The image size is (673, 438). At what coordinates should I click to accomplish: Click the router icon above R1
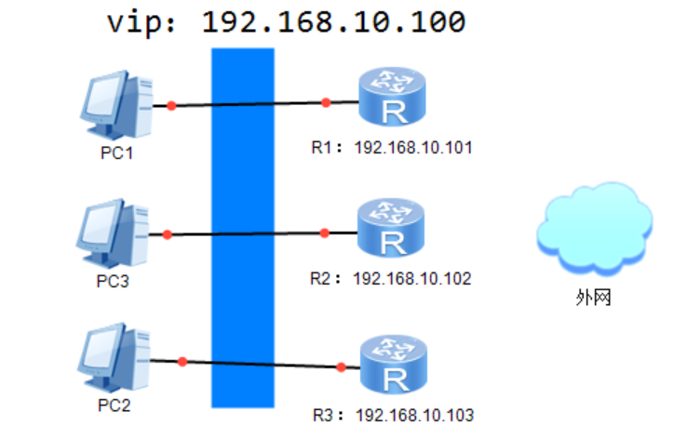(x=392, y=100)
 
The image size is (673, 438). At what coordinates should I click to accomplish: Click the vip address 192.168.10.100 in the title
(x=333, y=21)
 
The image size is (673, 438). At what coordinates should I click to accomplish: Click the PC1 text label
(x=116, y=152)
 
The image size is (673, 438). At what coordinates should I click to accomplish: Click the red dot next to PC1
(x=171, y=105)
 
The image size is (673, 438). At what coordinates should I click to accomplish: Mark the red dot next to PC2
(x=182, y=361)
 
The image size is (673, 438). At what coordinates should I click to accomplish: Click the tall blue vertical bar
(x=243, y=228)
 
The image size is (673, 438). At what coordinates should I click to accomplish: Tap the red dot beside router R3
(x=342, y=367)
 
